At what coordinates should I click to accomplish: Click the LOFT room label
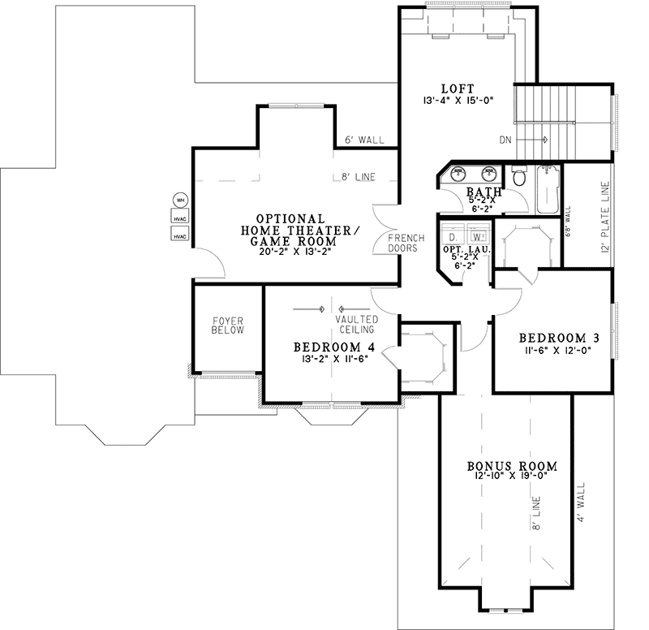tap(458, 88)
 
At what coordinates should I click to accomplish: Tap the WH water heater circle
tap(180, 201)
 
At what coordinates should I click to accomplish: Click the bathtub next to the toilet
tap(548, 189)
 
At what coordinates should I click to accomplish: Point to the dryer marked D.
tap(453, 236)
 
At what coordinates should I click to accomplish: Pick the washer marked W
tap(478, 236)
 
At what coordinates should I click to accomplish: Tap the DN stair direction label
tap(505, 140)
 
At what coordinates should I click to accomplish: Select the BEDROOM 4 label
tap(334, 347)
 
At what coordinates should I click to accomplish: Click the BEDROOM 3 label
tap(559, 338)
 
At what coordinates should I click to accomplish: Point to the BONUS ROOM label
tap(512, 466)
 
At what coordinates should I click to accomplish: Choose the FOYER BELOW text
tap(228, 326)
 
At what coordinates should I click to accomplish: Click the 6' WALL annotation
tap(364, 140)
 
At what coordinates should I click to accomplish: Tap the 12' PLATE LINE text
tap(605, 217)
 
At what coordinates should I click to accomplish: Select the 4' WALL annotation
tap(581, 502)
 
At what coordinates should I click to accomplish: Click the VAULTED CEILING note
tap(357, 324)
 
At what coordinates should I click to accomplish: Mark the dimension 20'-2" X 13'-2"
tap(295, 252)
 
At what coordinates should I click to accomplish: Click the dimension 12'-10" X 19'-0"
tap(512, 476)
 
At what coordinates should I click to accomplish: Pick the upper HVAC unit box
tap(180, 216)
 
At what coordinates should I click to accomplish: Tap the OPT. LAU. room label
tap(466, 250)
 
